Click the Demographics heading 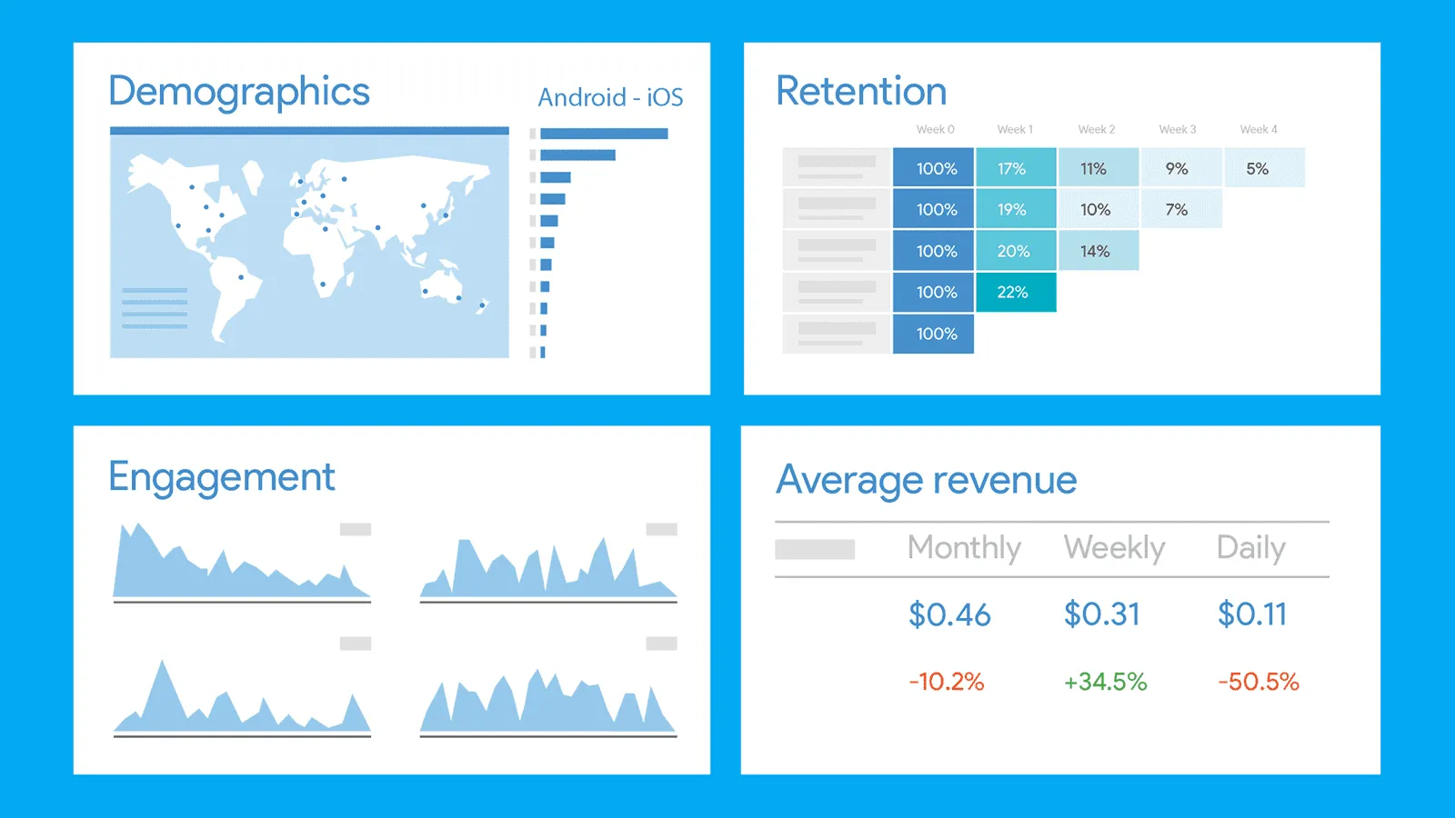tap(239, 92)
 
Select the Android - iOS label tap(610, 97)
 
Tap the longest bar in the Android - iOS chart tap(604, 134)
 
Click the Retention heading tap(861, 92)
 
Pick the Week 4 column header tap(1259, 129)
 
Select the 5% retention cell tap(1258, 168)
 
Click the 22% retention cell tap(1013, 292)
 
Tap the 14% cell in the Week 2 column tap(1095, 251)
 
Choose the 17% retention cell tap(1012, 168)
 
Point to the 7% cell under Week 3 tap(1177, 209)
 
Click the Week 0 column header tap(936, 129)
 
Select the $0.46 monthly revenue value tap(949, 614)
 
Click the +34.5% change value tap(1105, 682)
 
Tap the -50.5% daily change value tap(1259, 682)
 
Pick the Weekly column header tap(1114, 547)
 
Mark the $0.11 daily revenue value tap(1252, 614)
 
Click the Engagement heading tap(222, 477)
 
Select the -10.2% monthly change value tap(947, 682)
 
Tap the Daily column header tap(1251, 547)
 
